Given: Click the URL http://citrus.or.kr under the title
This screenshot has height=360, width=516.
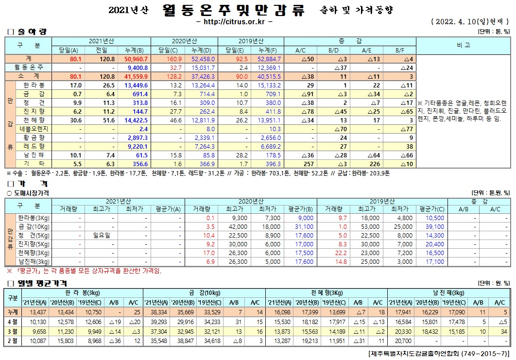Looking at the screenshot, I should pos(234,22).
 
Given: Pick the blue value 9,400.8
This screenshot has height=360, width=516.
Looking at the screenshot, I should pos(137,67).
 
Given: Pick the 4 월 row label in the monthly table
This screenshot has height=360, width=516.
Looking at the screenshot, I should pos(12,321).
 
